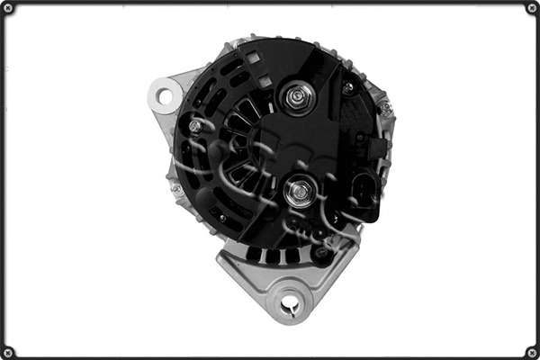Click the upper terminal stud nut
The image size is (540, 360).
click(296, 97)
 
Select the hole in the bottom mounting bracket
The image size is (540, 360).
click(289, 306)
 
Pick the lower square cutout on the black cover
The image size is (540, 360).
click(264, 80)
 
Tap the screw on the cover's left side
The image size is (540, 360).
click(194, 127)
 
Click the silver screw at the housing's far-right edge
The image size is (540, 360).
click(385, 109)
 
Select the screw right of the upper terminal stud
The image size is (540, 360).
click(347, 88)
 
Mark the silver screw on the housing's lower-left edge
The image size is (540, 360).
click(177, 189)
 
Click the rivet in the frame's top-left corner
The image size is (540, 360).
click(8, 8)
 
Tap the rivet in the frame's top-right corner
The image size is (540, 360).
click(532, 8)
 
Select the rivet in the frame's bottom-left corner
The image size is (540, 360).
click(8, 351)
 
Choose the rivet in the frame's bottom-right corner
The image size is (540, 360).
click(532, 351)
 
